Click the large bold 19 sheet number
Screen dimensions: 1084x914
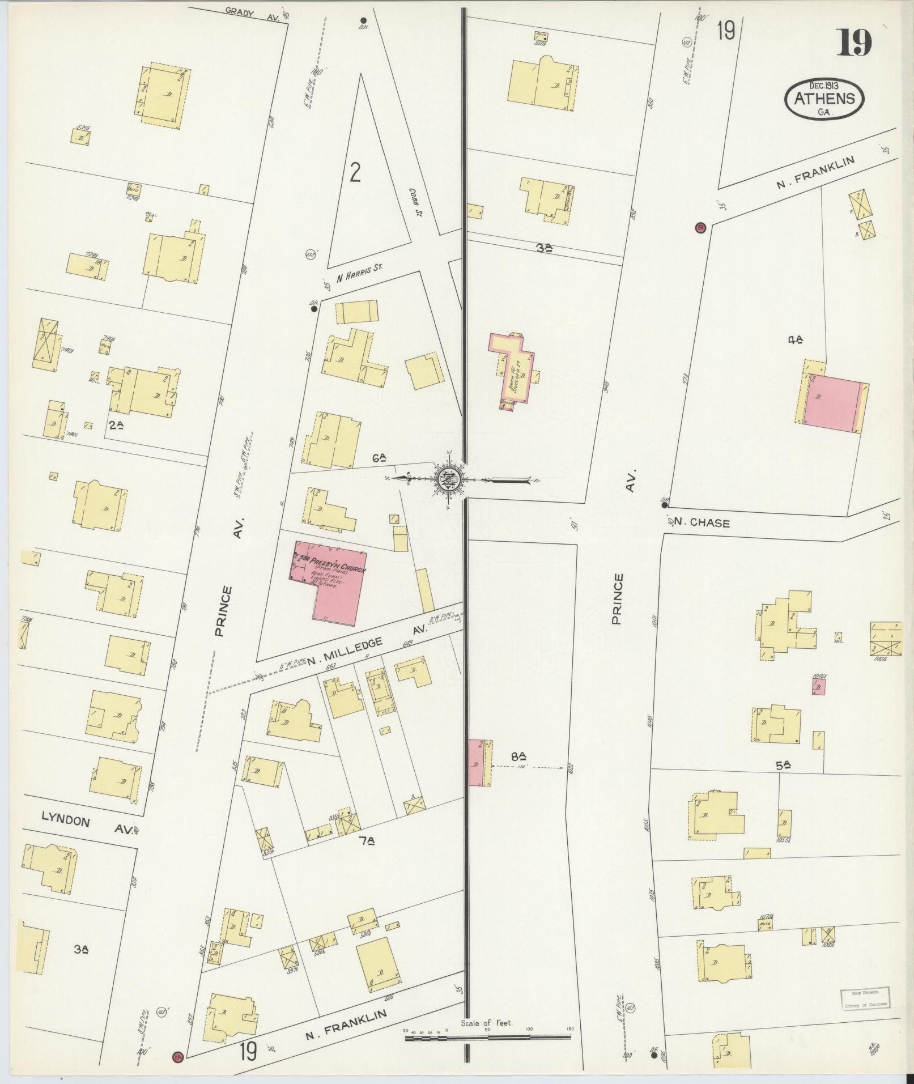click(855, 42)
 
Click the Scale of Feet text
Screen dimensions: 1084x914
click(486, 1023)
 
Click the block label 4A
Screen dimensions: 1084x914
click(796, 340)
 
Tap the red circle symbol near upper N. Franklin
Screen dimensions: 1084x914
click(700, 228)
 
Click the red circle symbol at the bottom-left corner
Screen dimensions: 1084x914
click(178, 1056)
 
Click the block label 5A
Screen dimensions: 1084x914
click(783, 765)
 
